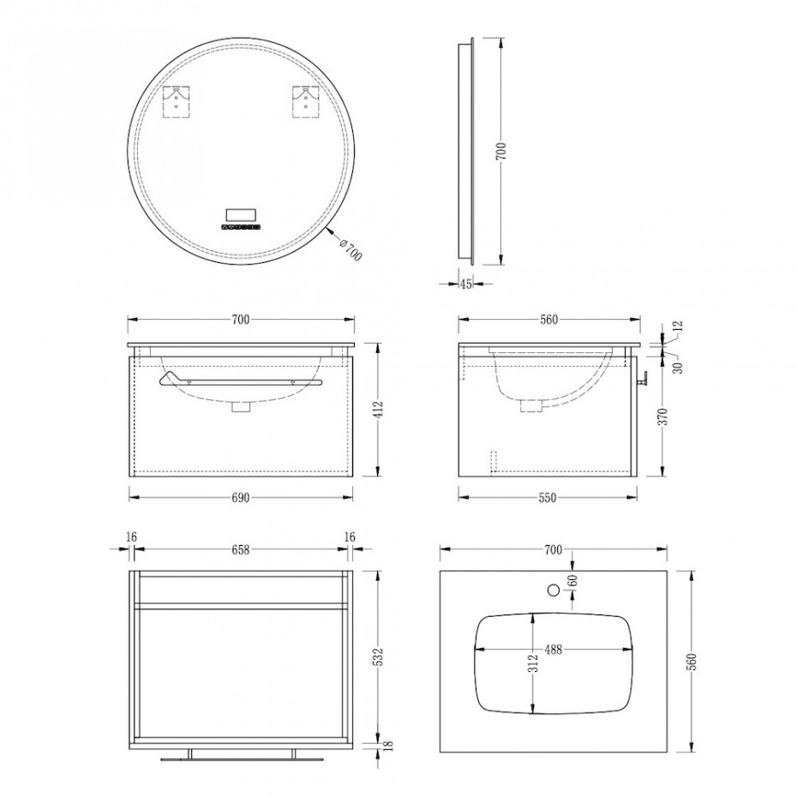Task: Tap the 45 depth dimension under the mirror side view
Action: pyautogui.click(x=465, y=285)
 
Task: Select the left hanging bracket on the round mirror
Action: pyautogui.click(x=177, y=101)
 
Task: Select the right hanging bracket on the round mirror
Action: pyautogui.click(x=305, y=101)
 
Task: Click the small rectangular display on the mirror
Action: pyautogui.click(x=241, y=214)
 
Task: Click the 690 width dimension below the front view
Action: pyautogui.click(x=241, y=498)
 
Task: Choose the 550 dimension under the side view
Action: pyautogui.click(x=548, y=498)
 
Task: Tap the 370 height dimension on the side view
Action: pyautogui.click(x=663, y=416)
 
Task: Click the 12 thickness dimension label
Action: pyautogui.click(x=679, y=326)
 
